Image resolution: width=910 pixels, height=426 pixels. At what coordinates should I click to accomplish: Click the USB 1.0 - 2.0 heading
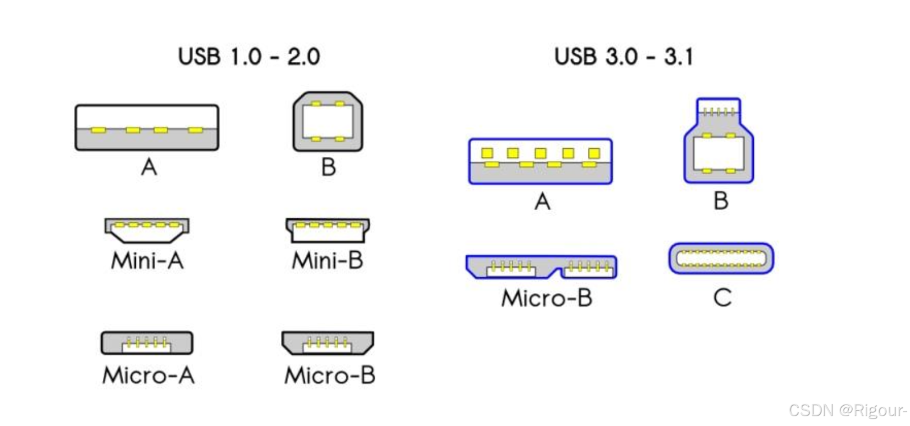point(249,57)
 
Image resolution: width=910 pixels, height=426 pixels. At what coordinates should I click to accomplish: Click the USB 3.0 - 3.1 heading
point(623,57)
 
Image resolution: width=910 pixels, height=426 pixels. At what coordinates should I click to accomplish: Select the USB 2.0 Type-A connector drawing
point(147,128)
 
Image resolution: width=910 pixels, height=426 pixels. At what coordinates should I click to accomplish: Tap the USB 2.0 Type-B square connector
point(328,122)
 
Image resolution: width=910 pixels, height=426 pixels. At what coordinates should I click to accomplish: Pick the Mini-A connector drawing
point(147,230)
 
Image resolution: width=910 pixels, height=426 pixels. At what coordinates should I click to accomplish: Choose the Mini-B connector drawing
point(328,230)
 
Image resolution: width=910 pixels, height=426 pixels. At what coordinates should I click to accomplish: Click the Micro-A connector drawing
point(147,343)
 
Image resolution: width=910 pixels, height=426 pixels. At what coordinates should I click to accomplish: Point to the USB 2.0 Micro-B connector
point(328,343)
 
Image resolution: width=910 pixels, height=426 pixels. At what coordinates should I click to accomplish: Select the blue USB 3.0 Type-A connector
point(540,161)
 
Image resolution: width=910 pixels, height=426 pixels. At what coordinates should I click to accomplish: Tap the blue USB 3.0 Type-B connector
point(719,142)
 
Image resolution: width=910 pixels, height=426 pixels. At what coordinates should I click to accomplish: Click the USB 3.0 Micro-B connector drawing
point(541,267)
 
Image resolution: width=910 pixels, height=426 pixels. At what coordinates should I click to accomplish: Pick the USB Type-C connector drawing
point(721,258)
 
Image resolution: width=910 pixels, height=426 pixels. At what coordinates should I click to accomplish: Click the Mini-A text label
point(147,260)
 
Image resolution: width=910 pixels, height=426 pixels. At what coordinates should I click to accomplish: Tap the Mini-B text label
point(328,260)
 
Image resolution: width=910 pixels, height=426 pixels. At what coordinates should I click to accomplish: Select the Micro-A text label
point(149,376)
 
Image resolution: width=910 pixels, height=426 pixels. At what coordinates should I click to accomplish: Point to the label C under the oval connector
point(722,298)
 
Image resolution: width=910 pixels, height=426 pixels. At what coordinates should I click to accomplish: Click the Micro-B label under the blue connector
point(546,298)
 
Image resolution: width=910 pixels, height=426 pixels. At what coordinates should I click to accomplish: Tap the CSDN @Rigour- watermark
point(848,410)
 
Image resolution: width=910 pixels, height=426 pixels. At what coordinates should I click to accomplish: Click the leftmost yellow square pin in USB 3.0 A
point(487,153)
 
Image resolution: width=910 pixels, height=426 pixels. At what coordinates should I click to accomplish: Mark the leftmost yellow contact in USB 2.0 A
point(99,130)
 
